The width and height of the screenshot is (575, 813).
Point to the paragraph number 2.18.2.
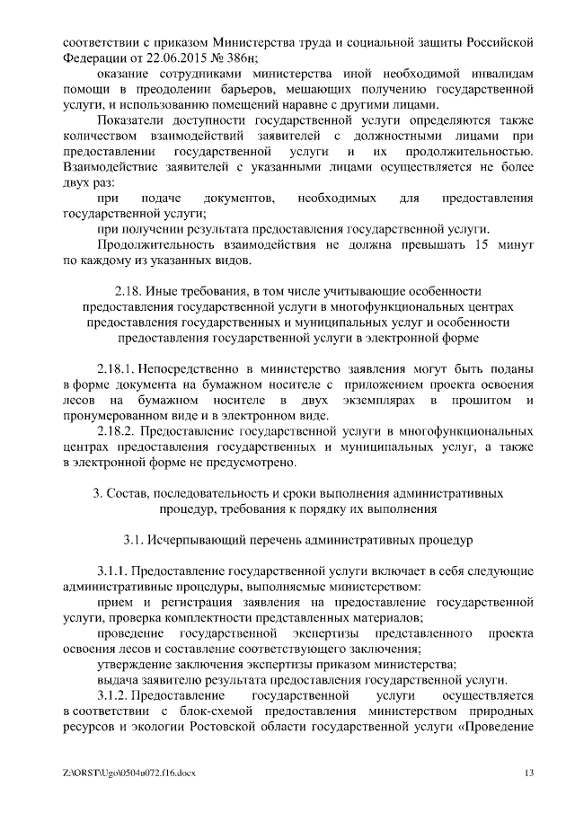point(117,430)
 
